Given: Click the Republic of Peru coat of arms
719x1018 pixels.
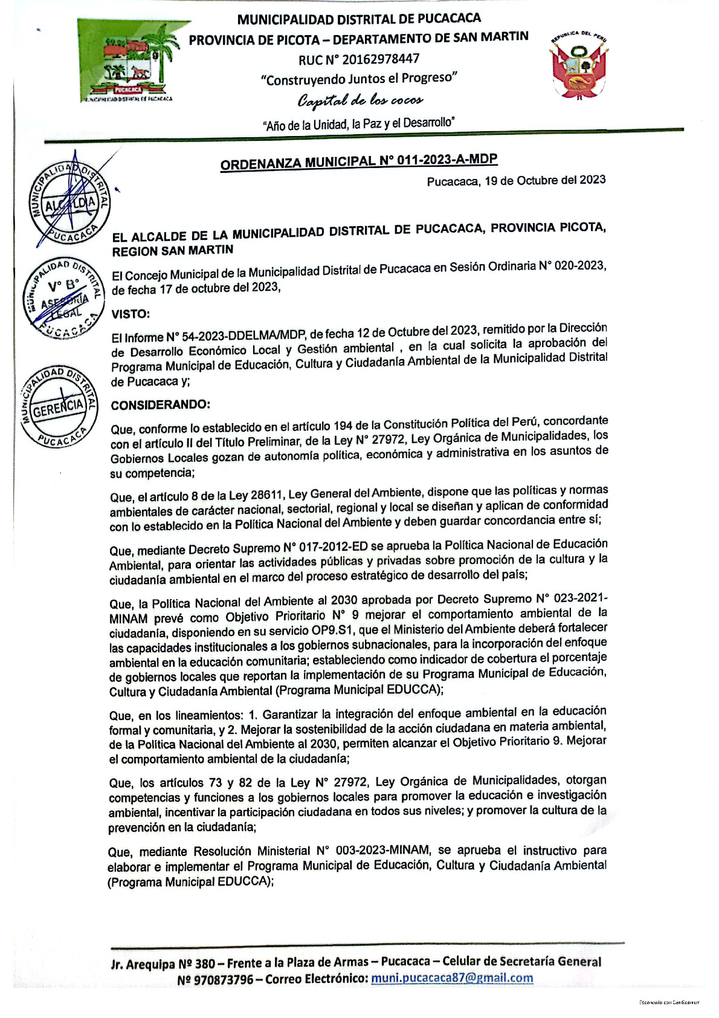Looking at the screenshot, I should (578, 66).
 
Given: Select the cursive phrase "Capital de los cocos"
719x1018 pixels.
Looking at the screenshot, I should (359, 100).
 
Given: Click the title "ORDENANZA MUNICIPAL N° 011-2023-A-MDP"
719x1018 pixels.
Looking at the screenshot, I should (359, 161).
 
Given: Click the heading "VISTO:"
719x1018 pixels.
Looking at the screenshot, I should (130, 314).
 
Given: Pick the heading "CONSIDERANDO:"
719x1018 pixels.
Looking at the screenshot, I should (160, 404).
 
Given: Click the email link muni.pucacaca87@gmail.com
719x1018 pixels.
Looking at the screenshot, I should (452, 977).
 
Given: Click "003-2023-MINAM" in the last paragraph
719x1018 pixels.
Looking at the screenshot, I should (382, 851).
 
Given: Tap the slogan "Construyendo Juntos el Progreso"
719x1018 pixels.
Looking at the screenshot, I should (359, 79).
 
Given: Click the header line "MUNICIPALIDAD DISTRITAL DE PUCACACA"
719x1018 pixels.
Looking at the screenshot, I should (359, 19).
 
